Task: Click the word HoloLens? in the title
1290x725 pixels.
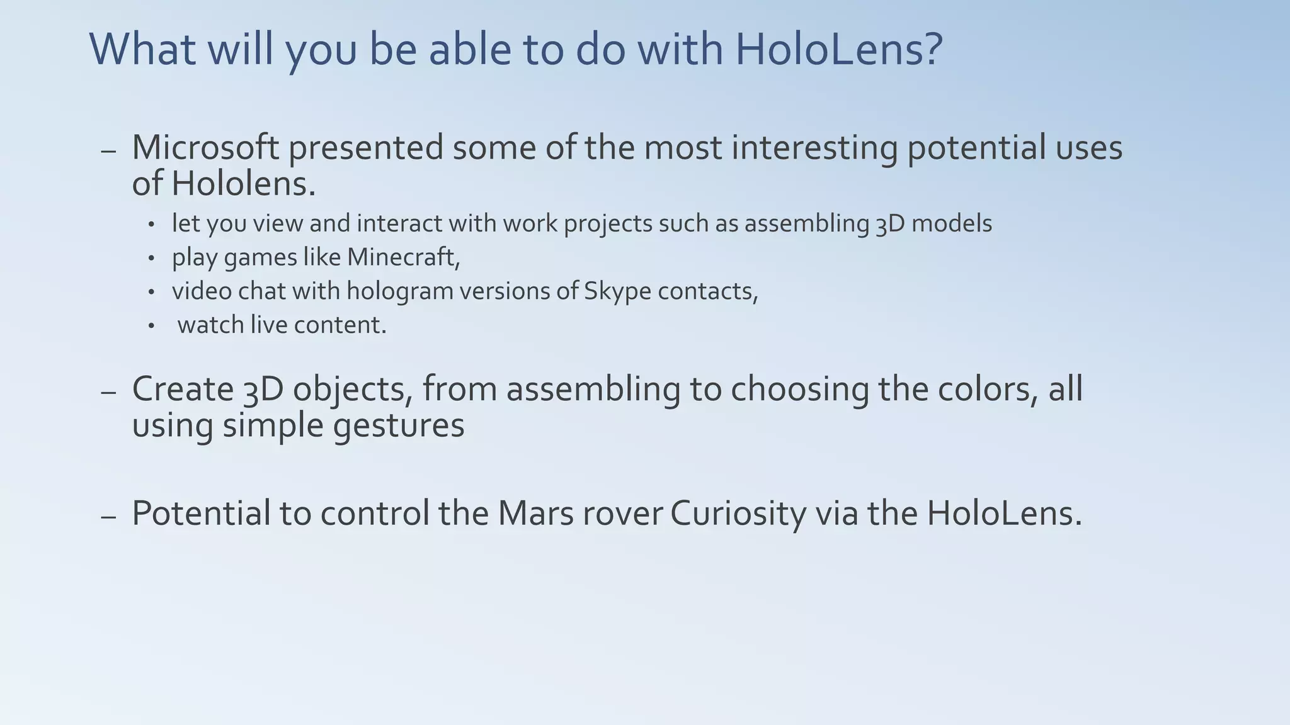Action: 839,49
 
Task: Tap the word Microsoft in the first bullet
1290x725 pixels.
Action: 205,148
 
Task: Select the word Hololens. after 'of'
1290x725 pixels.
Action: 243,184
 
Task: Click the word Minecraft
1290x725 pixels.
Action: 403,257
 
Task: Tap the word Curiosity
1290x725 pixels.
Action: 738,513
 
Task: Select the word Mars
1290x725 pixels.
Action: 535,513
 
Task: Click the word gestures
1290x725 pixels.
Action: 399,425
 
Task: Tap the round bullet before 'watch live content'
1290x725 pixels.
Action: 151,326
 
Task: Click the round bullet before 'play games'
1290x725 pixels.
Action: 151,258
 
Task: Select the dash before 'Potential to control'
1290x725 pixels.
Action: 108,517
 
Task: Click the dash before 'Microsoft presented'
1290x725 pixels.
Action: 108,152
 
